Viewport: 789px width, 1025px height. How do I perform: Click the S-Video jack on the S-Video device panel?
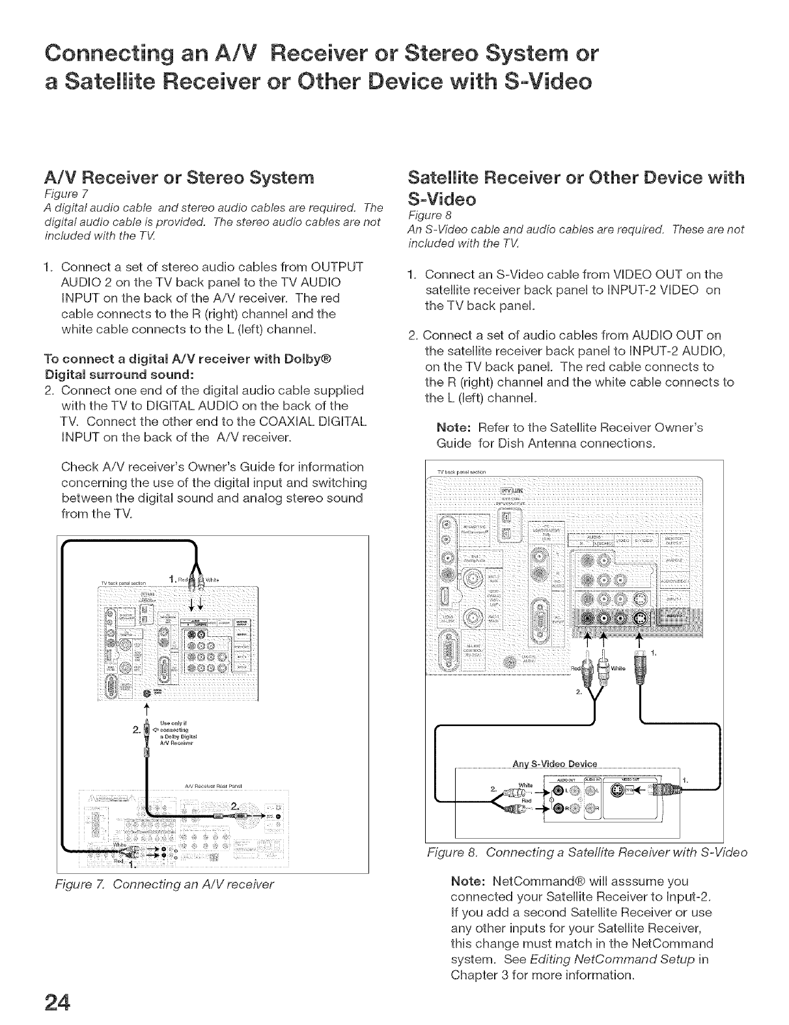pyautogui.click(x=617, y=790)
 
